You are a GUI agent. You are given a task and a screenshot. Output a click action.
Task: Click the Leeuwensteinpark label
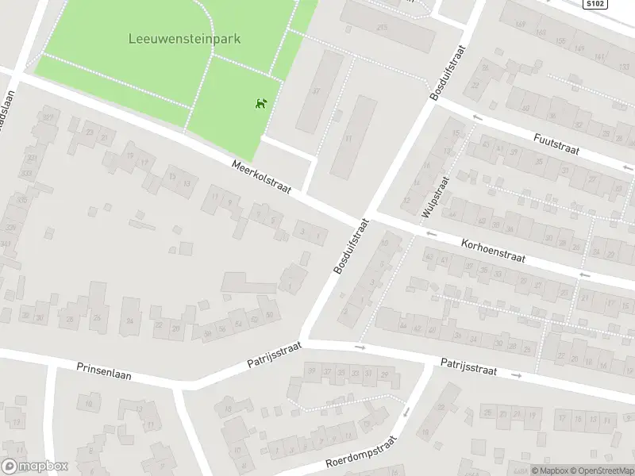coord(184,37)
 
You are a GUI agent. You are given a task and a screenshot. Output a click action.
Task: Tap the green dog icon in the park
coord(260,103)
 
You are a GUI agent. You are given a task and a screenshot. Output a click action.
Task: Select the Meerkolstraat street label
coord(262,176)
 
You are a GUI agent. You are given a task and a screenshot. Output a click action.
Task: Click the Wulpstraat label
coord(437,195)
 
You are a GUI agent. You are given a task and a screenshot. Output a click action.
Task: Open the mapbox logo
coord(34,466)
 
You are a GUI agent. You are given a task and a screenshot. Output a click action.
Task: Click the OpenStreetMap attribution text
coord(602,470)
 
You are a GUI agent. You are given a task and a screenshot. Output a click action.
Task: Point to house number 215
coord(383,29)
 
